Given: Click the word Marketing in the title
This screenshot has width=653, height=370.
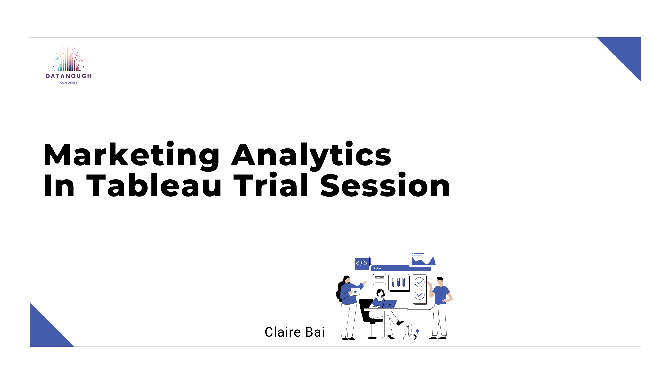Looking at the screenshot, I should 131,155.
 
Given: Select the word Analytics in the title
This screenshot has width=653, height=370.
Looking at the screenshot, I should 311,155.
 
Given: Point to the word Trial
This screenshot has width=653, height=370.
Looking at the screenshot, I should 271,186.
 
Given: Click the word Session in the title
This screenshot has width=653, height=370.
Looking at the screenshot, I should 385,186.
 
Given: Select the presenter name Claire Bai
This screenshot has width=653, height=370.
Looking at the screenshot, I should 294,332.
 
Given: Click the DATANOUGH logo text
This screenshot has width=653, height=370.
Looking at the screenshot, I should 69,76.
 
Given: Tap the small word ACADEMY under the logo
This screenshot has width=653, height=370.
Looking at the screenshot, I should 69,83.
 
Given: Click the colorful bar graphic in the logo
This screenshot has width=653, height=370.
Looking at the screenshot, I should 68,60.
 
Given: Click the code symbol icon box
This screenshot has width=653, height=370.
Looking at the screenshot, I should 361,263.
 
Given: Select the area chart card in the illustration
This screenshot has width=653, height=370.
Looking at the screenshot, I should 424,259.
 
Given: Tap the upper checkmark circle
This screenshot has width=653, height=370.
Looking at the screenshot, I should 419,282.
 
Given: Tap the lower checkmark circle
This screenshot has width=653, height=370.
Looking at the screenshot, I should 419,295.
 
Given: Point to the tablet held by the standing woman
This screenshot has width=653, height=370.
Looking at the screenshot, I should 355,292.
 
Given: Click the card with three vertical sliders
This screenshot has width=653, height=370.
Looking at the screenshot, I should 399,282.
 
